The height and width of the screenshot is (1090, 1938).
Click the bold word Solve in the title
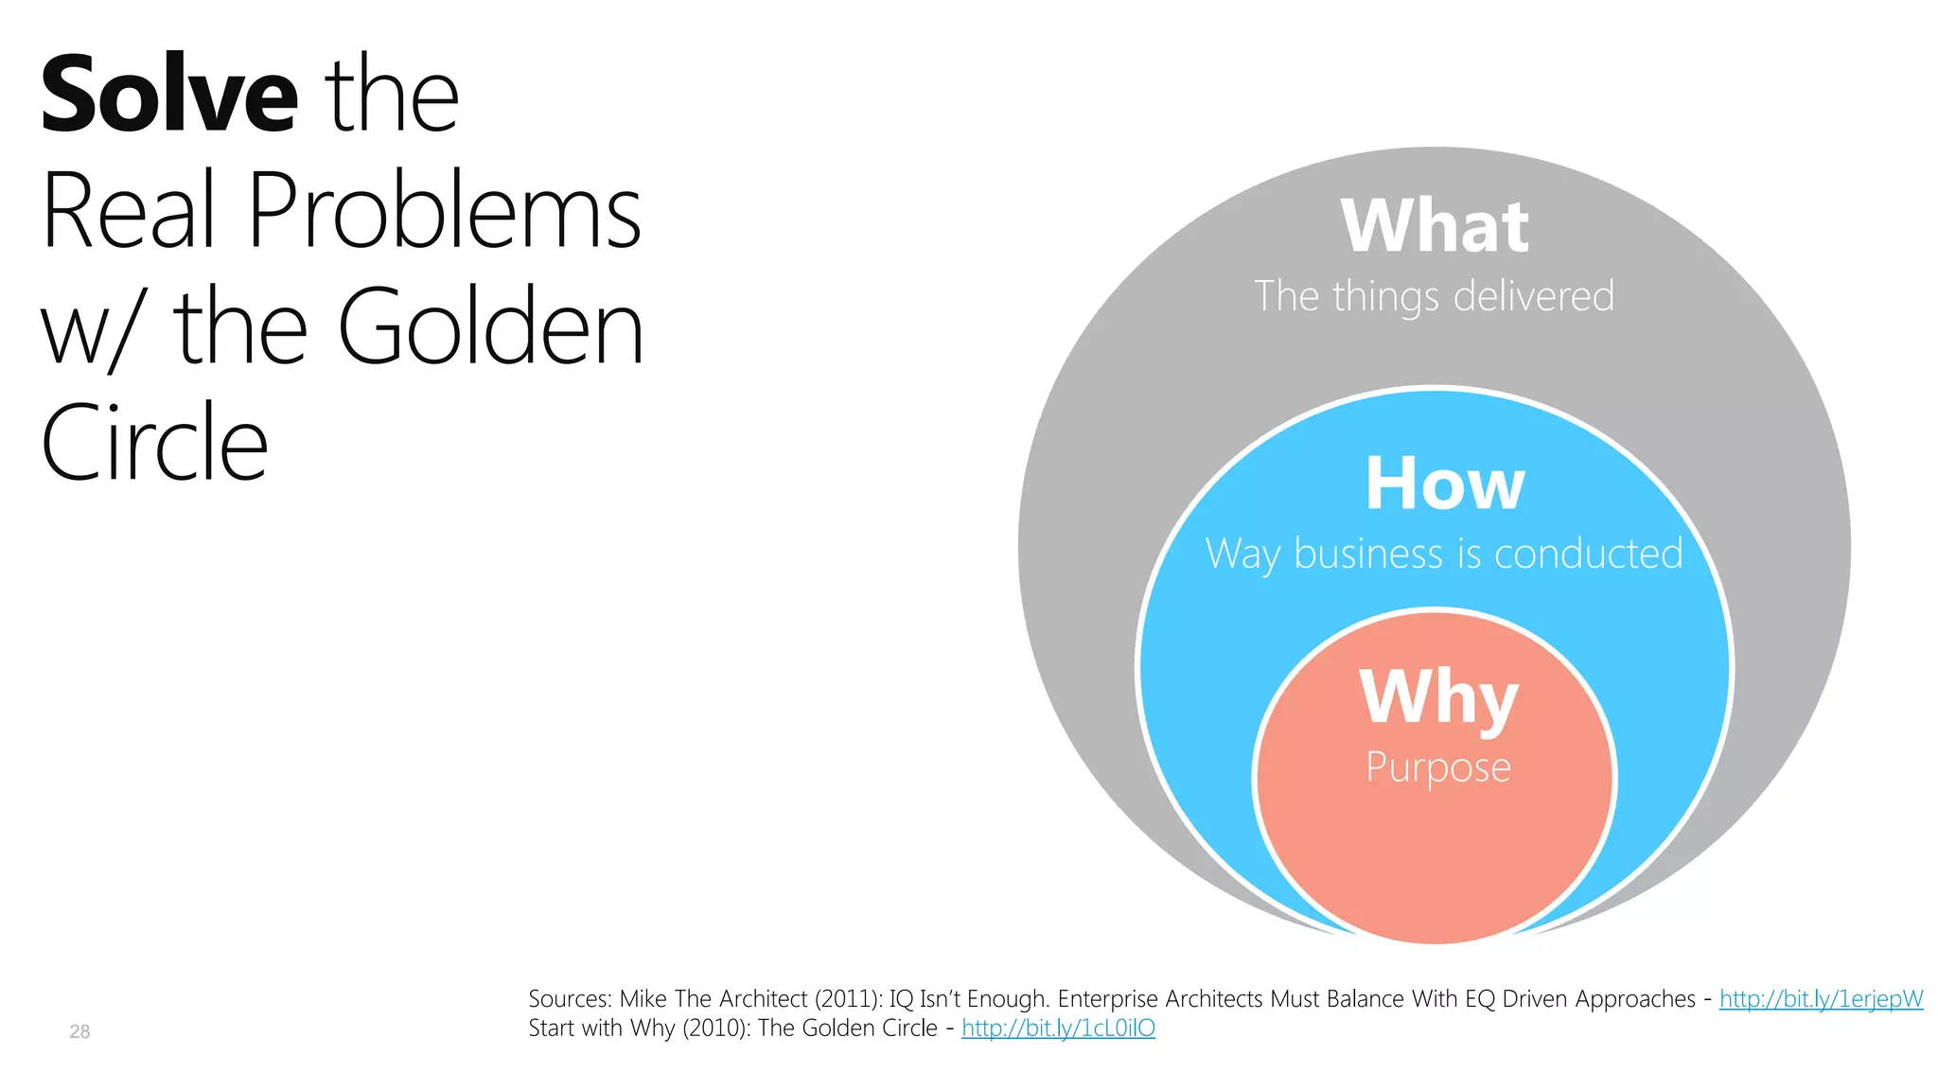click(x=169, y=95)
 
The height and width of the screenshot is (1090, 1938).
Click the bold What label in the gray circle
click(x=1435, y=227)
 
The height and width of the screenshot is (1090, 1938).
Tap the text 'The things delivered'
click(x=1434, y=296)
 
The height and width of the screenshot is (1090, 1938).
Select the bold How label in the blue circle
click(x=1444, y=483)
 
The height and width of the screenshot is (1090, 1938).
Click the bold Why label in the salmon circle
click(x=1438, y=697)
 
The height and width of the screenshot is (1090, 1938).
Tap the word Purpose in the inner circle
click(x=1437, y=767)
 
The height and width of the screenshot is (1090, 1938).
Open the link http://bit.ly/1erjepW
click(x=1821, y=999)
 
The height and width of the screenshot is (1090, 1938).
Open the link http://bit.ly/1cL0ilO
click(x=1058, y=1028)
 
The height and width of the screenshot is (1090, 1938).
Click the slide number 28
click(x=79, y=1031)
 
